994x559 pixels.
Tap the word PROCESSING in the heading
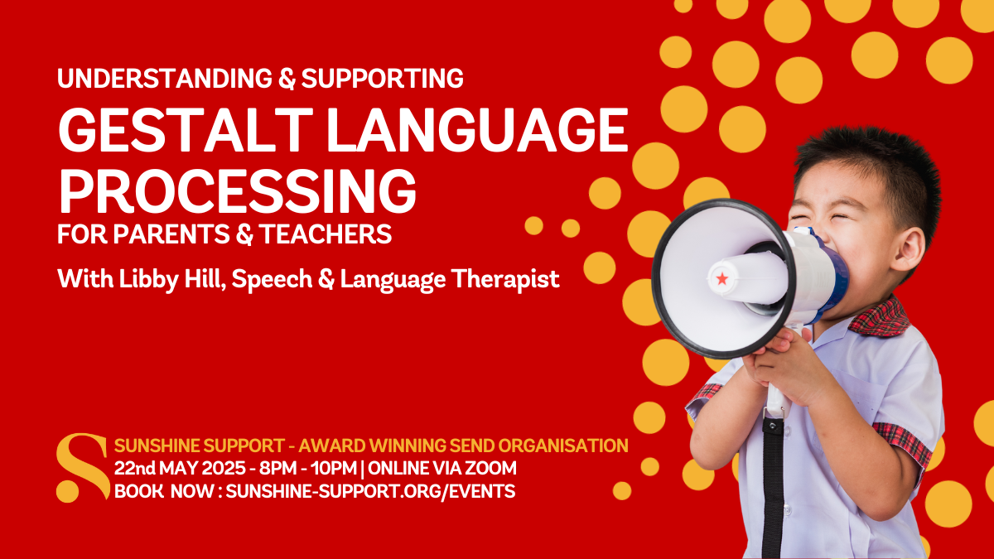(236, 190)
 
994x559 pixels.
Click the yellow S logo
(81, 468)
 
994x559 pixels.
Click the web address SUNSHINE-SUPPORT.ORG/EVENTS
(370, 491)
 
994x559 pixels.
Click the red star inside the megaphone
(721, 279)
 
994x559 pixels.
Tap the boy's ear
(908, 248)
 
